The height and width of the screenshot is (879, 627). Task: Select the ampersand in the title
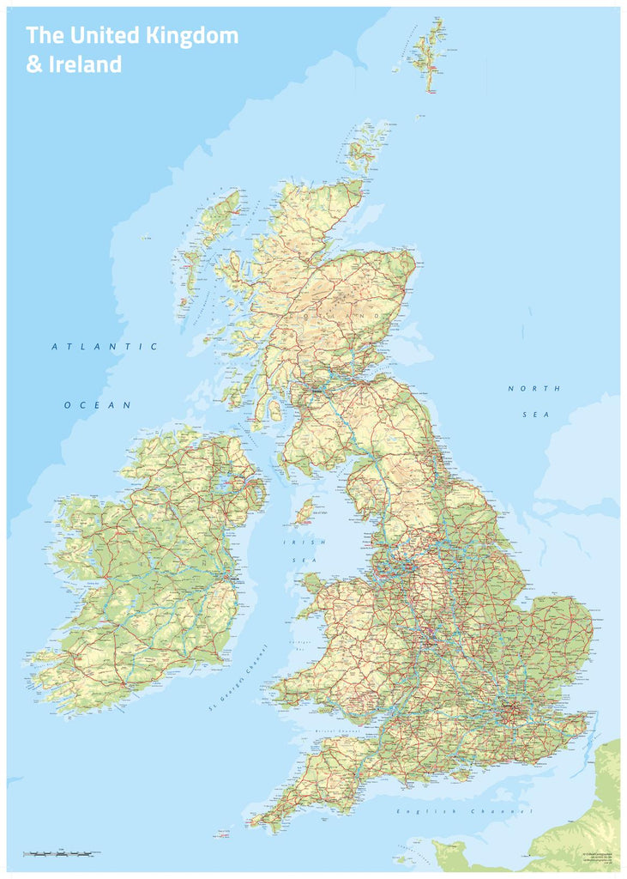[33, 64]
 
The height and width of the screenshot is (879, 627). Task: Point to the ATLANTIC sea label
[105, 347]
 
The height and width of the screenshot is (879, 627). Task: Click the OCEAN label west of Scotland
[97, 405]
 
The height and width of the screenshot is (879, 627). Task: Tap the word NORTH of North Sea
[534, 389]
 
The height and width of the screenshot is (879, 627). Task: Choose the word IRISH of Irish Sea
[304, 543]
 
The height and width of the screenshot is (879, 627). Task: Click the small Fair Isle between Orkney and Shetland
[420, 116]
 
